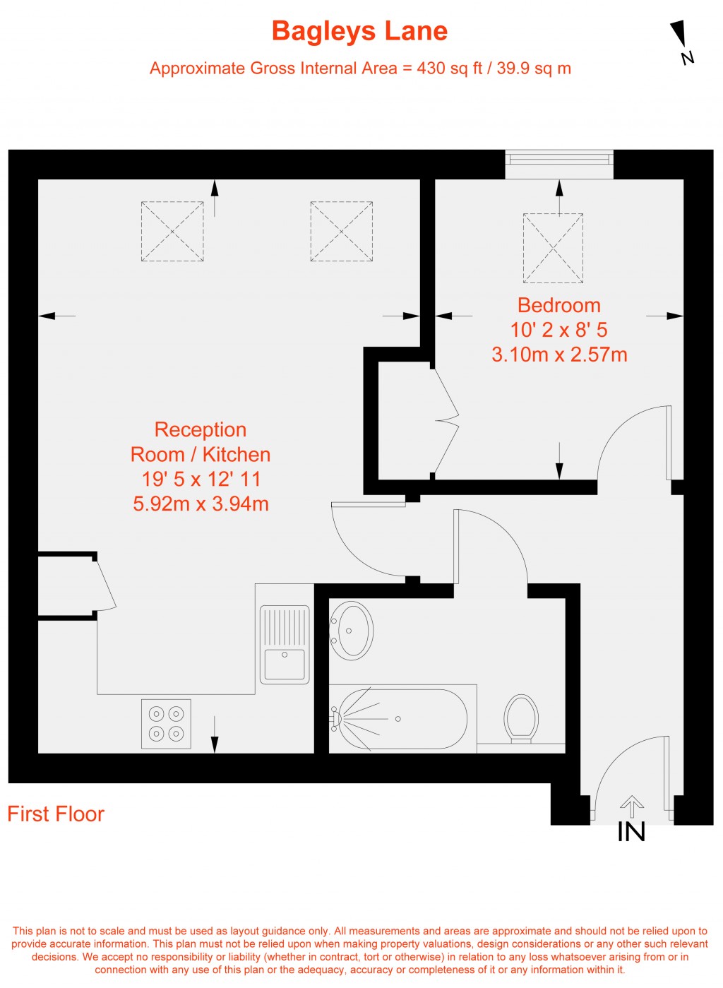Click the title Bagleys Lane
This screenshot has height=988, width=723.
(359, 32)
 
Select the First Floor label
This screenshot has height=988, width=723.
(56, 814)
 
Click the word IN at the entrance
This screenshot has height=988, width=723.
(631, 833)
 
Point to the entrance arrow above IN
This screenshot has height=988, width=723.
(631, 806)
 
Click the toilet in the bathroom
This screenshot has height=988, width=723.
(521, 718)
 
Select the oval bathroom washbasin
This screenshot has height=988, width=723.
(352, 630)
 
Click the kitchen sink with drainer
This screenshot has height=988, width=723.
(285, 644)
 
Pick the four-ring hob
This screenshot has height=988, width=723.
(166, 724)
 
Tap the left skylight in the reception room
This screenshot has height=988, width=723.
(172, 232)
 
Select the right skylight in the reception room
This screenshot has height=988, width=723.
(342, 232)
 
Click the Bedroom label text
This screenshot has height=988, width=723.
(558, 305)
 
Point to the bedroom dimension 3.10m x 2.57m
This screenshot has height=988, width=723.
(559, 355)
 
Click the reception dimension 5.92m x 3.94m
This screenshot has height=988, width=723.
(201, 504)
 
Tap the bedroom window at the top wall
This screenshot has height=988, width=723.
(559, 164)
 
